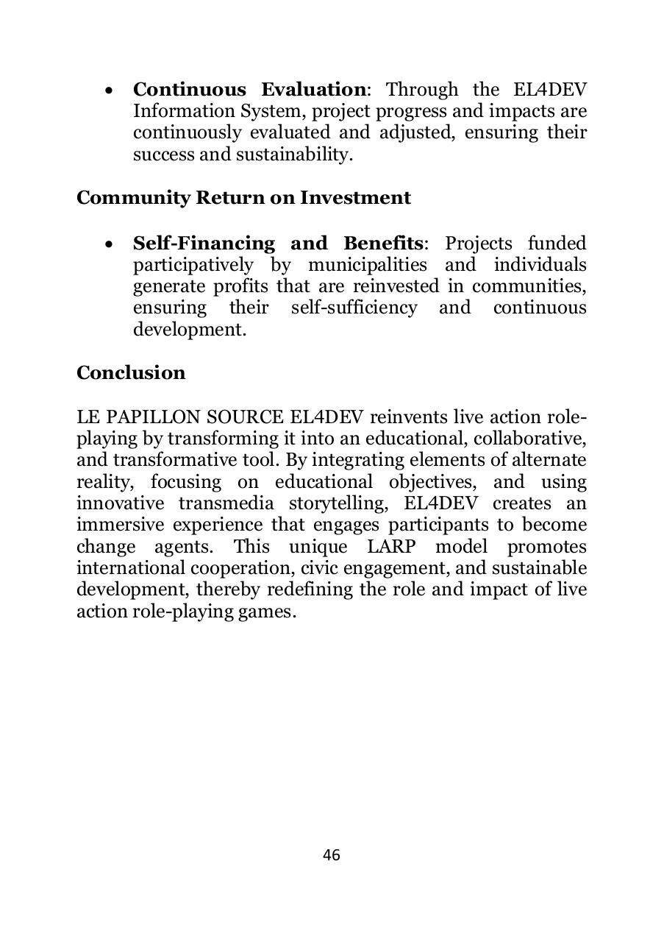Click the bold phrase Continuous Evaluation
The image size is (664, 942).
[249, 90]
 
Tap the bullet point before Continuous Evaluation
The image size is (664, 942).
[109, 91]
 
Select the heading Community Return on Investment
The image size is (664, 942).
[243, 198]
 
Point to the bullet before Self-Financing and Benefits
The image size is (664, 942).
[109, 245]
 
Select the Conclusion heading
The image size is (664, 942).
[131, 373]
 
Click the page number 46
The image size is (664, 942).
[332, 855]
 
